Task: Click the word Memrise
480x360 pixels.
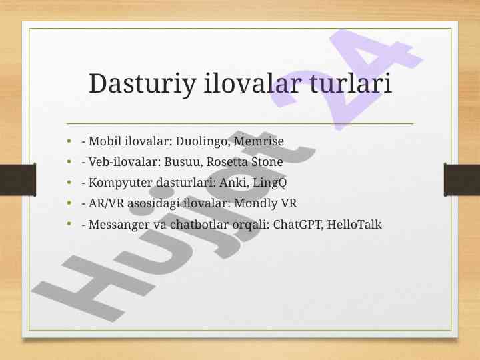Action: click(259, 141)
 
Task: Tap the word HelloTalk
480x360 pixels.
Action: click(354, 225)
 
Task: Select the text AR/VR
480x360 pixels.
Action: click(106, 203)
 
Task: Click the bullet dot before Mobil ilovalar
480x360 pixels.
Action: click(69, 141)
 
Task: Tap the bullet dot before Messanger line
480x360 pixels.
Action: click(69, 224)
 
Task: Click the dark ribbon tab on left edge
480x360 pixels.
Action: click(18, 179)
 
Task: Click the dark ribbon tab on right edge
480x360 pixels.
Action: click(462, 179)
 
